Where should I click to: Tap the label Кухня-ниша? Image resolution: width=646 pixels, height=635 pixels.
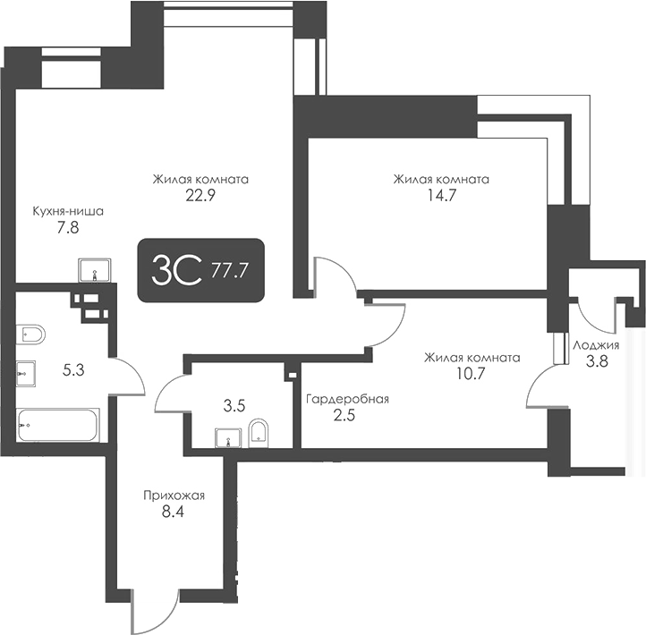68,212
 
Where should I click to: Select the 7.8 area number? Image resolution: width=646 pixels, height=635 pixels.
68,228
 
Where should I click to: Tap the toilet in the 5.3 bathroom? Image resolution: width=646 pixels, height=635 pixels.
31,334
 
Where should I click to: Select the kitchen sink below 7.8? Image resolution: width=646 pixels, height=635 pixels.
95,268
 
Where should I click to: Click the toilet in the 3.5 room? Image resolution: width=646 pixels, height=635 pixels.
259,431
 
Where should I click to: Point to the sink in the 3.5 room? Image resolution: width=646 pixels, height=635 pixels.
228,437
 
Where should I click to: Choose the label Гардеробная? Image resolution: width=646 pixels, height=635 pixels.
346,399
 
